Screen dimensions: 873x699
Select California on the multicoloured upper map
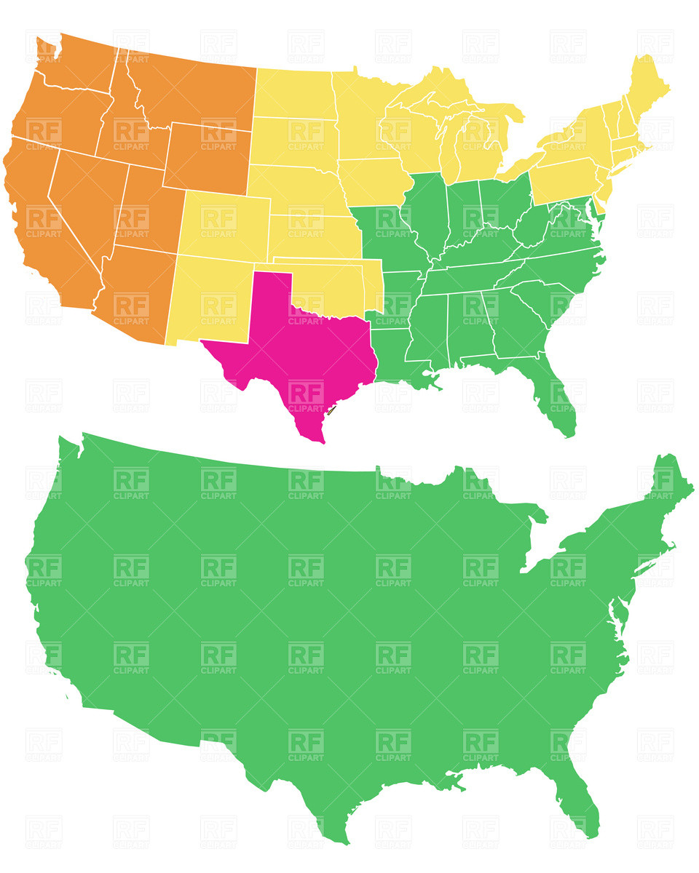(36, 211)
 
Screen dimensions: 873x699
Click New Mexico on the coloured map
(211, 298)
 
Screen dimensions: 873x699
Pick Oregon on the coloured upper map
(58, 116)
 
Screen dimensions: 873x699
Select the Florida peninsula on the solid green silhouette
(582, 800)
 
